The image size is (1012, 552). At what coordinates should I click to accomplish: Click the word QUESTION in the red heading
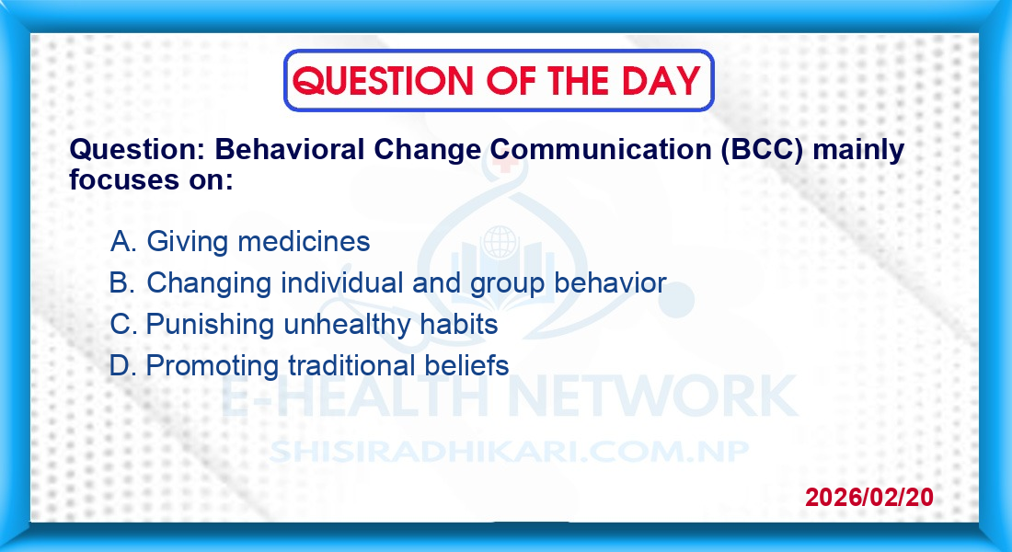tap(383, 81)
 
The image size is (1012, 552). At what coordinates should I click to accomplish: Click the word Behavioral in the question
tap(289, 149)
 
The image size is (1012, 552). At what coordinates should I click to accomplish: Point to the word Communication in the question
tap(600, 149)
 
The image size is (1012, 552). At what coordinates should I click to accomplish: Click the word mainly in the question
tap(858, 151)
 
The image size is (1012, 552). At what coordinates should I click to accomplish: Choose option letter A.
tap(123, 242)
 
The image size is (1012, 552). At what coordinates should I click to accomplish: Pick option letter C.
tap(123, 324)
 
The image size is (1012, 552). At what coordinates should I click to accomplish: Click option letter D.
tap(122, 366)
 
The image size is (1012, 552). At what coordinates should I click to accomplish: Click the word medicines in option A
tap(304, 242)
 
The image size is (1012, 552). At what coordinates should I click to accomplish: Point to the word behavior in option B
tap(610, 283)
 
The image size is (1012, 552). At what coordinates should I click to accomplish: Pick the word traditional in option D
tap(351, 365)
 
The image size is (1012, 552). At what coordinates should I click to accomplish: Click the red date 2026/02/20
tap(869, 497)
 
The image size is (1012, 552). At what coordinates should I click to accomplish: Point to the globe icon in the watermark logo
tap(500, 242)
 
